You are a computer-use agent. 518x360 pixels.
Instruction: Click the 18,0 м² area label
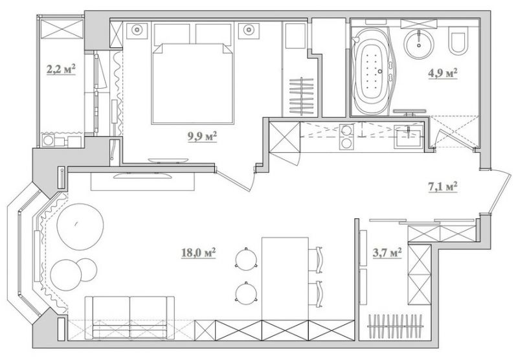coord(199,253)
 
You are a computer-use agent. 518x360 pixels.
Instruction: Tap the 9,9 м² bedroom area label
coord(202,137)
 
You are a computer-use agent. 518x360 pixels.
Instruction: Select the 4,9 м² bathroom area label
coord(443,73)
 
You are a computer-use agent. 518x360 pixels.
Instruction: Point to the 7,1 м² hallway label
coord(443,187)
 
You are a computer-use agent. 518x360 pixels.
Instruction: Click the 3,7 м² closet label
coord(387,253)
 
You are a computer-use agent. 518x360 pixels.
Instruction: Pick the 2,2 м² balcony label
coord(61,69)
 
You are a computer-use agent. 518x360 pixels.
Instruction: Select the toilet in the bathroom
coord(458,41)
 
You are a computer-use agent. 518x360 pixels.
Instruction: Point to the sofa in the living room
coord(129,317)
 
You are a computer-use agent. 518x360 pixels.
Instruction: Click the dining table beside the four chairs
coord(285,278)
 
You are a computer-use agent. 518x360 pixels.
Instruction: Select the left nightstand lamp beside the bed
coord(137,30)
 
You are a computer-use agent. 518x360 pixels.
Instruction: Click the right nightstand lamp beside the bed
coord(249,30)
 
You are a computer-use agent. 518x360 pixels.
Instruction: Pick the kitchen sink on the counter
coord(407,136)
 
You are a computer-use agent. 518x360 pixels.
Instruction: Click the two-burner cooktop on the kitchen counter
coord(346,137)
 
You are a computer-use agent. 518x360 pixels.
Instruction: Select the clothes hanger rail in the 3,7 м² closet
coord(395,326)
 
